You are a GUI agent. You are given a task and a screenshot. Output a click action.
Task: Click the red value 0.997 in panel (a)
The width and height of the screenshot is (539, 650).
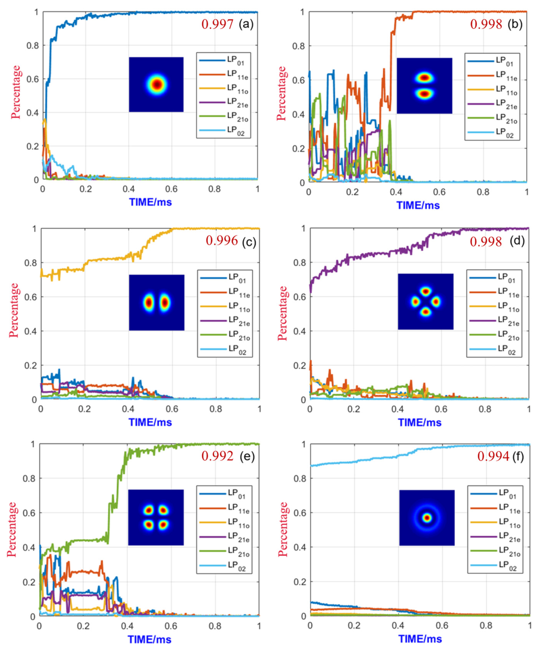coord(217,24)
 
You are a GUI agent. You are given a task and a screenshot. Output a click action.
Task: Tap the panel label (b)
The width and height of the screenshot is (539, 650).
coord(515,24)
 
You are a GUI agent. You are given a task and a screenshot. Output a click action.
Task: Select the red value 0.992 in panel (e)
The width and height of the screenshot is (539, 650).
coord(217,456)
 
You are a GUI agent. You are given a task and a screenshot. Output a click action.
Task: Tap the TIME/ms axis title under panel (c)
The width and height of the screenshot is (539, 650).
coord(150,422)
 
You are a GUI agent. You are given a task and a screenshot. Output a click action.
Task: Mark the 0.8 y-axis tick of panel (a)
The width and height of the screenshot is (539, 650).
coord(32,46)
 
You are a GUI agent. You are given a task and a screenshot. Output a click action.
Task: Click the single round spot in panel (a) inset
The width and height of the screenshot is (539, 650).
coord(157,84)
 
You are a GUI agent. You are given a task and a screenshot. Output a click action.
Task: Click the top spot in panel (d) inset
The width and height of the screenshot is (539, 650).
coord(426,291)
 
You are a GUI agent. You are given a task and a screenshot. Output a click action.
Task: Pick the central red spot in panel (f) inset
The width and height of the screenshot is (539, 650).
coord(427,518)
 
